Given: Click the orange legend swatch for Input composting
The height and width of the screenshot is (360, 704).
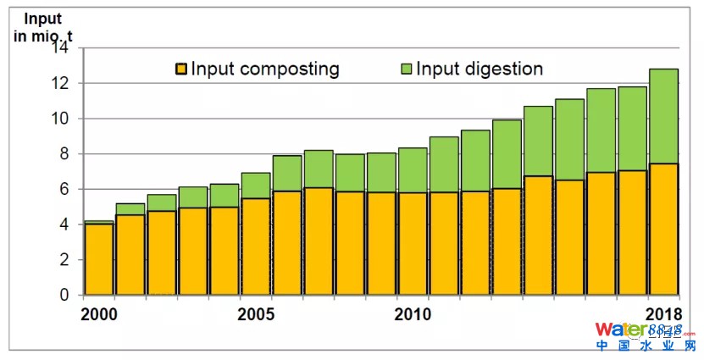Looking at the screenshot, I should pyautogui.click(x=181, y=69).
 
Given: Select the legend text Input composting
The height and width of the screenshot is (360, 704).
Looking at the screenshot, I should pyautogui.click(x=264, y=69).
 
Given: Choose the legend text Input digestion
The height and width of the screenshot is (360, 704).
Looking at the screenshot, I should pyautogui.click(x=479, y=69).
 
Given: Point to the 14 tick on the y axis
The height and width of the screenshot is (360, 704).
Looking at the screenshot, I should pyautogui.click(x=59, y=48).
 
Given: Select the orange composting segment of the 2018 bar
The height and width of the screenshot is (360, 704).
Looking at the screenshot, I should pyautogui.click(x=664, y=229).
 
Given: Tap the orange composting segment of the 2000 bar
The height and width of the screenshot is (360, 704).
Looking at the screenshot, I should pyautogui.click(x=98, y=259).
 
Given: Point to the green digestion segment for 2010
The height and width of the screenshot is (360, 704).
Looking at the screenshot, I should pyautogui.click(x=413, y=169).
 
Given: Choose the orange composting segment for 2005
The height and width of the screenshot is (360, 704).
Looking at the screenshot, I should pyautogui.click(x=256, y=246).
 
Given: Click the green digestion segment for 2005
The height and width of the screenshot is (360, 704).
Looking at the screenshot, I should pyautogui.click(x=256, y=186).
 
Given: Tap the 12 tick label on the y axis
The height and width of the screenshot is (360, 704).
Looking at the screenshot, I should pyautogui.click(x=59, y=84).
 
